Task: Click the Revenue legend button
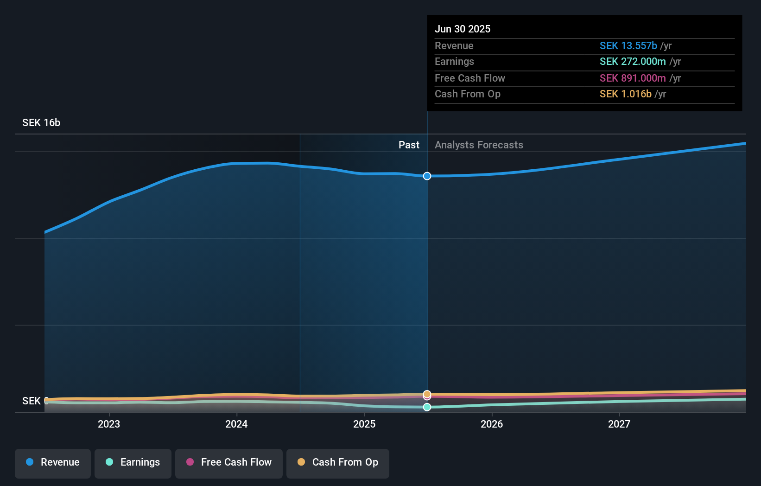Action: tap(53, 463)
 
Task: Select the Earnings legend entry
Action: tap(133, 463)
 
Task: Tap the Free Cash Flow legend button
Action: tap(229, 463)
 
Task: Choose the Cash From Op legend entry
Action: tap(338, 463)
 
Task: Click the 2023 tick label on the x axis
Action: tap(109, 424)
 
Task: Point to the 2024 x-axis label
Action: tap(236, 424)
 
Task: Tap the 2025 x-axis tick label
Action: tap(364, 424)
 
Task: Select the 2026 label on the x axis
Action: tap(492, 424)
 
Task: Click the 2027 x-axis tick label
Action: tap(619, 424)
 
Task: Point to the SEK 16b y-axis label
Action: tap(41, 123)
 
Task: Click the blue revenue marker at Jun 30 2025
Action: tap(427, 176)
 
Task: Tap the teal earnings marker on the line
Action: tap(427, 407)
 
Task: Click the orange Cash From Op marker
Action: tap(427, 393)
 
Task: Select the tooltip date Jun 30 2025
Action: tap(463, 29)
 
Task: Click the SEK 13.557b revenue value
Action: tap(628, 46)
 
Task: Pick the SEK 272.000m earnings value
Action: tap(633, 62)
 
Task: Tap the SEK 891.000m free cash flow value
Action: tap(633, 78)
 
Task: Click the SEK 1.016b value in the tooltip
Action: tap(625, 94)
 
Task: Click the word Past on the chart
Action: tap(409, 145)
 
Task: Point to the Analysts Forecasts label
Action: tap(479, 145)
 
